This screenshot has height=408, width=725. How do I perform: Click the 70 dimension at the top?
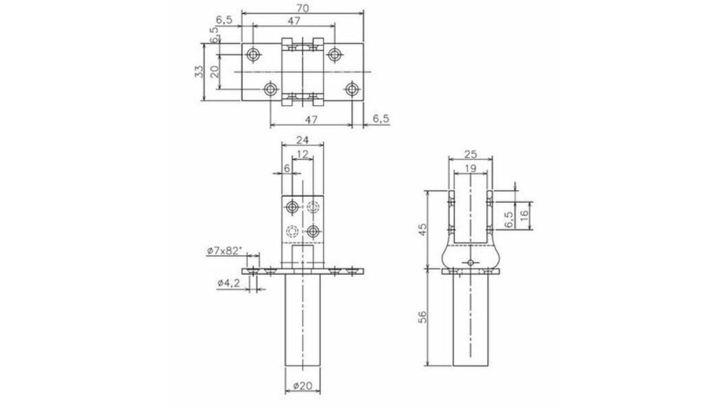303,8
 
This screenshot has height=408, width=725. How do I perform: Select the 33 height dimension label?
199,72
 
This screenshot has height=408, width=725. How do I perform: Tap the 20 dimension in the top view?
215,71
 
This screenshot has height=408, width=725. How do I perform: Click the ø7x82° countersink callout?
225,251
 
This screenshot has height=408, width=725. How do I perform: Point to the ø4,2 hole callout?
229,283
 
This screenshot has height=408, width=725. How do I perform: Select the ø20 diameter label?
302,386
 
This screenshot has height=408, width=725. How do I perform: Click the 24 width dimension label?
302,140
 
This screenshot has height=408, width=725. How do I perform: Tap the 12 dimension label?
302,154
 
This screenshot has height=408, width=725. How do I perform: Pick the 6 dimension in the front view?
286,168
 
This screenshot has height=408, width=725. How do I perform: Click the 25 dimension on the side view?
470,154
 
